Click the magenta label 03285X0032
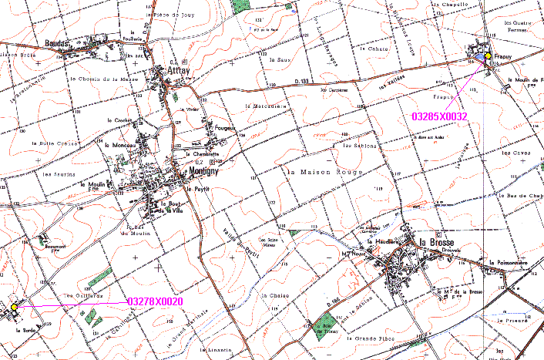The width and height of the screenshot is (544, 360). pos(440,116)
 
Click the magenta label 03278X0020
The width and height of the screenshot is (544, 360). pos(154,301)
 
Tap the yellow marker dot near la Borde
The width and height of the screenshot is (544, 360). pos(14,308)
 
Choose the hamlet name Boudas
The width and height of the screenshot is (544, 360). pos(58,43)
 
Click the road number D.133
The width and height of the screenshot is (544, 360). pos(304,80)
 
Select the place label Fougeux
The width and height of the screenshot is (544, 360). pos(224,128)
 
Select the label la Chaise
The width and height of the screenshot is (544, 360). pos(274,295)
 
